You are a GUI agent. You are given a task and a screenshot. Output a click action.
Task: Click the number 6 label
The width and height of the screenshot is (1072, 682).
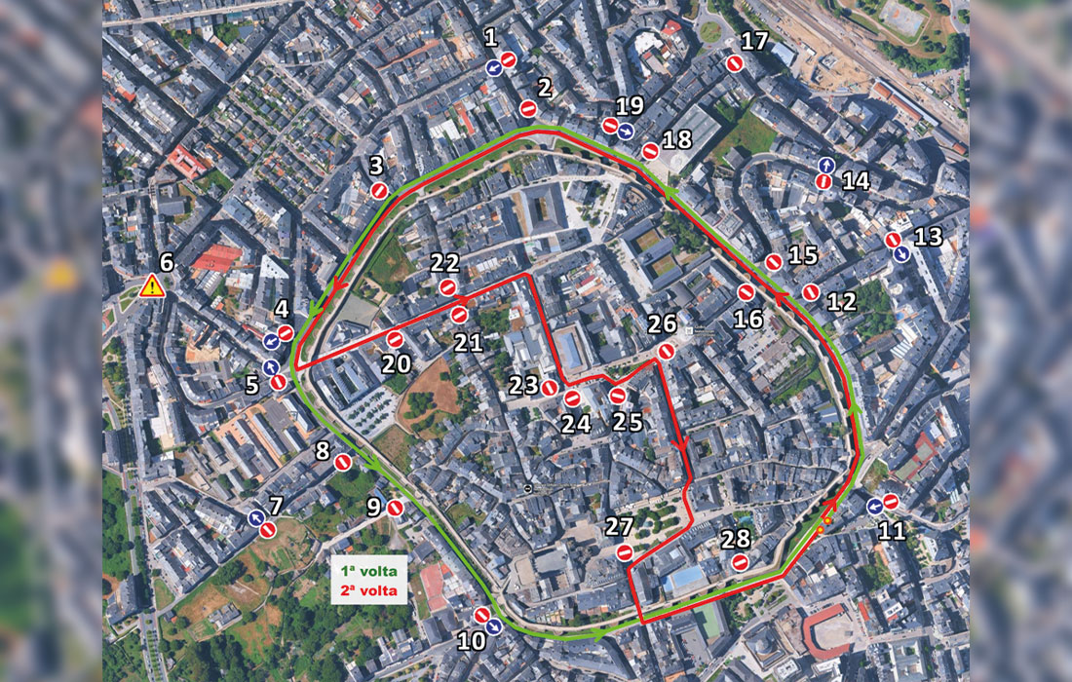point(166,262)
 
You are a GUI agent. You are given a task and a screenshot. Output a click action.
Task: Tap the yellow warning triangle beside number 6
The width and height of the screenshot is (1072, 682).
point(152,286)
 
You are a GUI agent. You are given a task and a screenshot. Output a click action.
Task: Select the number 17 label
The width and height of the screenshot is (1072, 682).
point(755,42)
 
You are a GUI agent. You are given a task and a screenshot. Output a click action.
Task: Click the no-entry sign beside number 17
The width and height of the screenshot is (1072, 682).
point(736,63)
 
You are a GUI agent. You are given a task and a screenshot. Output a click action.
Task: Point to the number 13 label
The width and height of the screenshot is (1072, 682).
point(929,237)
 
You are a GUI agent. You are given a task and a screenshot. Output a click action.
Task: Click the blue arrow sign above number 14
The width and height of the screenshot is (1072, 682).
point(825,165)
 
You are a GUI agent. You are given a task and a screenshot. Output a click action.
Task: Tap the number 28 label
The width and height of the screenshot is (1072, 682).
point(738,540)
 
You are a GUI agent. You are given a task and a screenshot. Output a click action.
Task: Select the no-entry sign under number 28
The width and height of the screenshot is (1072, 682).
point(740,562)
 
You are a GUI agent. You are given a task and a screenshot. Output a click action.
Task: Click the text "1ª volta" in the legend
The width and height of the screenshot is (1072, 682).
point(368,572)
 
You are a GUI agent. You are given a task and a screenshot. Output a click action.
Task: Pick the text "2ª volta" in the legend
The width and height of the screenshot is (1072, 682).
point(368,590)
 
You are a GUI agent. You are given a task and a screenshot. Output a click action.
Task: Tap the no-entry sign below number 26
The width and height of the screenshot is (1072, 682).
point(667,352)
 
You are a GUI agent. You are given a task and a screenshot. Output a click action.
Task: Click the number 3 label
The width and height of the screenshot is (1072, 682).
point(377,167)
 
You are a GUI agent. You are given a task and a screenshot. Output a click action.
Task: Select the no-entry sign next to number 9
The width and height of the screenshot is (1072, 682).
point(395,508)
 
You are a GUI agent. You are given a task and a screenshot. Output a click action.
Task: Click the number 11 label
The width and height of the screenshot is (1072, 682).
point(892,531)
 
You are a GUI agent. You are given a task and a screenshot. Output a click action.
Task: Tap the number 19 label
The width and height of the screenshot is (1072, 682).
point(630,106)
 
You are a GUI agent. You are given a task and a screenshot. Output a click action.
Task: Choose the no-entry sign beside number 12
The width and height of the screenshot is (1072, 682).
point(811,291)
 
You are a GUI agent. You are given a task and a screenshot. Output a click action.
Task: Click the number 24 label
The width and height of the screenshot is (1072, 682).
point(577,424)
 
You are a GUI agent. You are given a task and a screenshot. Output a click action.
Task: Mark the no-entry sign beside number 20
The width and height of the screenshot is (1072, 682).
point(395,339)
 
